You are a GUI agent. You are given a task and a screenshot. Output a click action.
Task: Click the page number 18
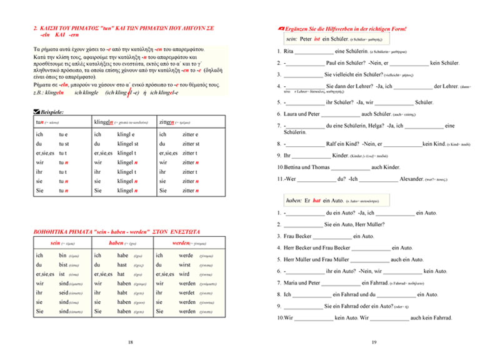[130, 342]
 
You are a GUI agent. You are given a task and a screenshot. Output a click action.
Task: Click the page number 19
[372, 342]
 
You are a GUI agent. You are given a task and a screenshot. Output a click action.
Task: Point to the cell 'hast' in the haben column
[122, 265]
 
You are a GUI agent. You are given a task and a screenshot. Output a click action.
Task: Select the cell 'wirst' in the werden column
[186, 265]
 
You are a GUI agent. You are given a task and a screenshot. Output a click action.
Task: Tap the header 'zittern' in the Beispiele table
[169, 122]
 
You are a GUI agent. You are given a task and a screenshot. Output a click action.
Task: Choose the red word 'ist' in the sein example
[317, 39]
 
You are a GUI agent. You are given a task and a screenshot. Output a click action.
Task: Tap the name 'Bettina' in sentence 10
[292, 167]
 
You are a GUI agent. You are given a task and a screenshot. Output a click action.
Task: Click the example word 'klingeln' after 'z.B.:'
[54, 93]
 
